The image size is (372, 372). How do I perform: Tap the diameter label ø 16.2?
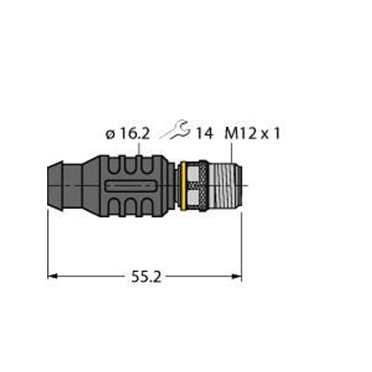pos(127,133)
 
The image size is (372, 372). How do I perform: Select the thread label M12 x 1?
pos(251,133)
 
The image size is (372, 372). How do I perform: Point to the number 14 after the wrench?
pos(204,133)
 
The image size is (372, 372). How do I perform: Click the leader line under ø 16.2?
pos(140,148)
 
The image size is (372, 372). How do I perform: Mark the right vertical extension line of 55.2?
pos(241,242)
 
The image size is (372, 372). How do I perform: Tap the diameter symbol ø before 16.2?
pos(109,133)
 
